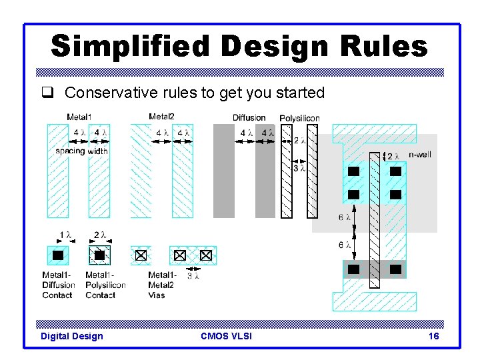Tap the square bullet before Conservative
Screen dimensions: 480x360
click(x=54, y=93)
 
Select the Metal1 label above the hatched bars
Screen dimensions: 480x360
click(x=79, y=117)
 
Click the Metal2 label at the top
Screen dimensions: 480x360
click(x=161, y=117)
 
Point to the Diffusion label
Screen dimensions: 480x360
click(x=249, y=118)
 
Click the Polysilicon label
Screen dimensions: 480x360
click(x=299, y=118)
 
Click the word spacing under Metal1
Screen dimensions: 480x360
click(x=70, y=151)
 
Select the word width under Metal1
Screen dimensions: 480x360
click(x=97, y=151)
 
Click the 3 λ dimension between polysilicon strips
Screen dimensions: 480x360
click(x=299, y=168)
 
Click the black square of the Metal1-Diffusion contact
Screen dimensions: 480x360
click(x=58, y=255)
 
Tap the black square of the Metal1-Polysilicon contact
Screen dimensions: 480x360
click(x=99, y=255)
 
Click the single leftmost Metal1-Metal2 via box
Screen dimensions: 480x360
click(x=140, y=255)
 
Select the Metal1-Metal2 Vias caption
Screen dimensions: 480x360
click(x=161, y=285)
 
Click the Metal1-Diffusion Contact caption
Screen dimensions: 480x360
click(x=59, y=285)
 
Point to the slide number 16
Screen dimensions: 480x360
click(x=433, y=337)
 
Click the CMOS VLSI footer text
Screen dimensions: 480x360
click(x=226, y=337)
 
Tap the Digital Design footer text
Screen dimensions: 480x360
click(x=72, y=337)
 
